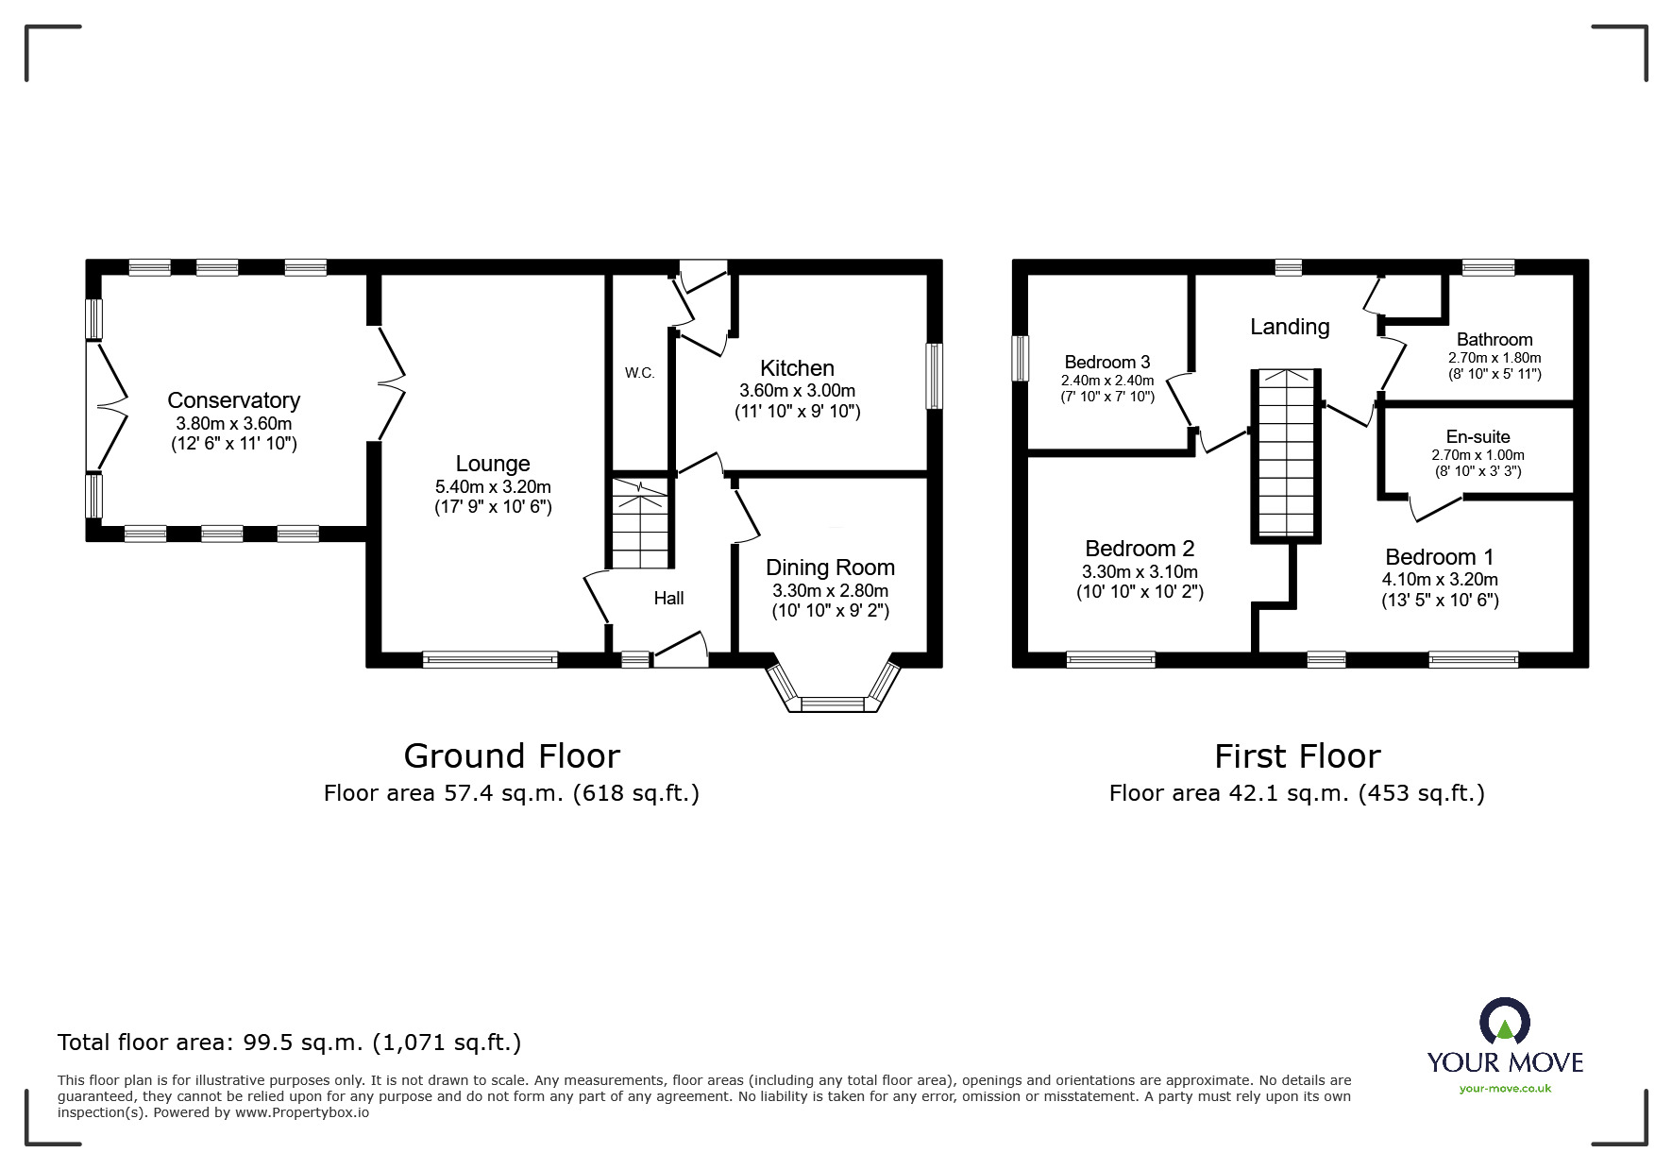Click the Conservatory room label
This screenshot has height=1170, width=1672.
click(233, 400)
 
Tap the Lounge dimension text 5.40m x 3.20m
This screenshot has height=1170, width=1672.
click(493, 487)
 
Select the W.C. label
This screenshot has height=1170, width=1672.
click(639, 373)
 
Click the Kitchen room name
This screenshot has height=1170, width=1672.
click(797, 368)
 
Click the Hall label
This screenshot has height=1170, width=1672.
click(668, 598)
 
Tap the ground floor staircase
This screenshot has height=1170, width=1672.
click(640, 525)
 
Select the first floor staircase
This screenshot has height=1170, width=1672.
click(1285, 455)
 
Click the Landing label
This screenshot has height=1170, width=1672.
click(1290, 327)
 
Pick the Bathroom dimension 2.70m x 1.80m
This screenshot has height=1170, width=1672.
click(1495, 358)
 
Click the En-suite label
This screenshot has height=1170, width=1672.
click(1478, 436)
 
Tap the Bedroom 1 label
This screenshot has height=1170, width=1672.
click(1439, 557)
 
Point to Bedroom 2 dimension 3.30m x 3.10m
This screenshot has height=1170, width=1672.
click(1140, 571)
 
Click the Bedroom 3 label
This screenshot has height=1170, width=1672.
click(1106, 362)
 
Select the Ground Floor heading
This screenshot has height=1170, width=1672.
click(512, 755)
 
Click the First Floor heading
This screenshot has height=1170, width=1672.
click(1296, 755)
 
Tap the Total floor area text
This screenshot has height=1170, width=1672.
click(289, 1043)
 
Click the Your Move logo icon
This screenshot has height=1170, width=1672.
click(1504, 1024)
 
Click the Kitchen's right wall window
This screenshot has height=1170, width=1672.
click(934, 376)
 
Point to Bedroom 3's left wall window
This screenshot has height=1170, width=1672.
click(1021, 359)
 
